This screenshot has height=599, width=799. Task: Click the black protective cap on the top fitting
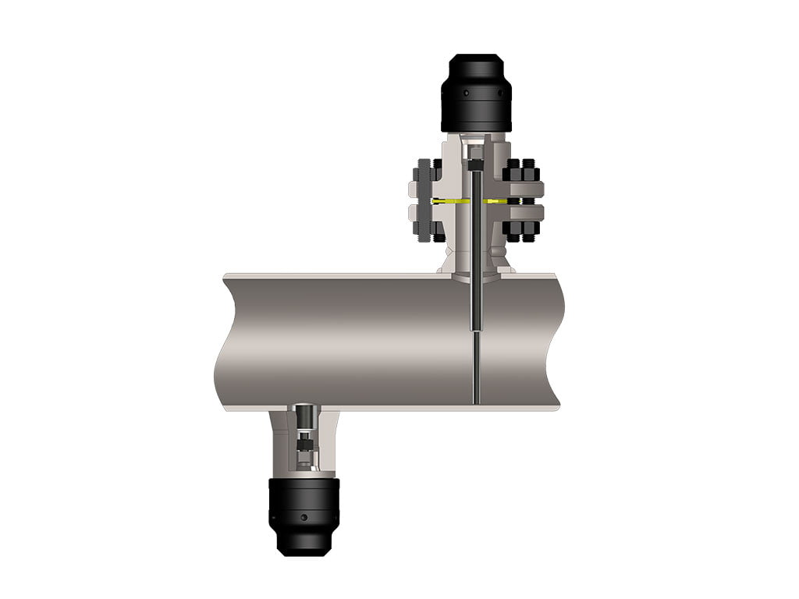476,94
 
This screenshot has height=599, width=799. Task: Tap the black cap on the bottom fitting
304,515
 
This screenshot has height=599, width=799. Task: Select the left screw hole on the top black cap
467,94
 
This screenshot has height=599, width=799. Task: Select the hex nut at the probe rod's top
475,165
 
